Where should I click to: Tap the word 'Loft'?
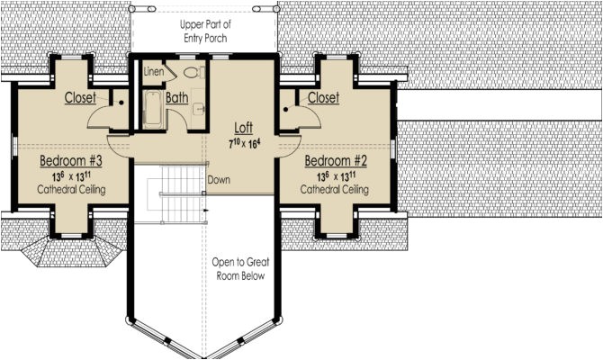[243, 128]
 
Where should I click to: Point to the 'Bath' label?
[176, 97]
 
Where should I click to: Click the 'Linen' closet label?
[153, 71]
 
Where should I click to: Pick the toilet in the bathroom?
[191, 72]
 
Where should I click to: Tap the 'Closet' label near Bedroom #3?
[80, 97]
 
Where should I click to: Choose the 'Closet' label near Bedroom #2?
[322, 97]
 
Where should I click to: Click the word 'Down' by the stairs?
[218, 179]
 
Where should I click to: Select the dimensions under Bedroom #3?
[71, 175]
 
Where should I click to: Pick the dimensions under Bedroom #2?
[335, 175]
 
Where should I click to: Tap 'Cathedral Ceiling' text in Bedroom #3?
[71, 190]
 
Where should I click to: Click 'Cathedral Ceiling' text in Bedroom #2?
[334, 190]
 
